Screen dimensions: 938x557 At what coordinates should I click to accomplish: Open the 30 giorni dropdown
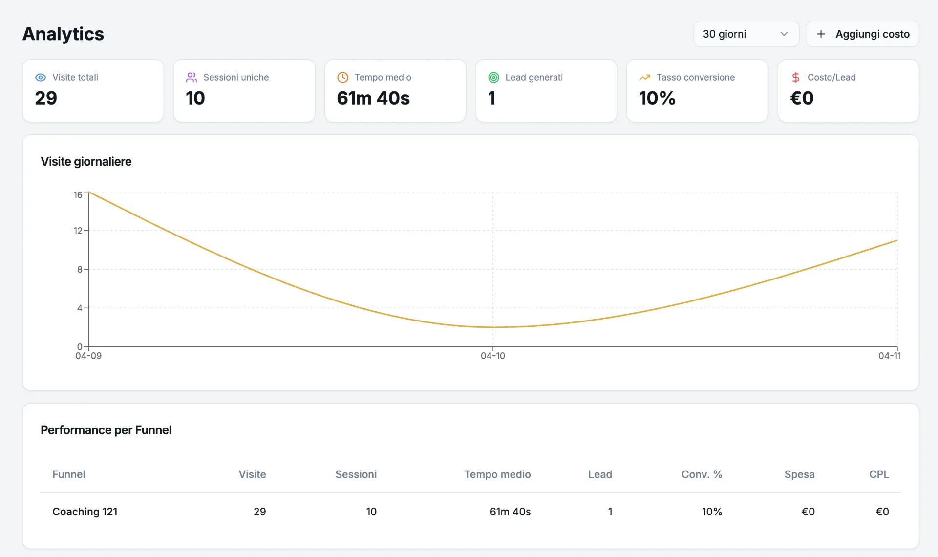click(x=746, y=34)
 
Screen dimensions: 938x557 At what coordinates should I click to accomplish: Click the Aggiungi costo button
click(x=862, y=34)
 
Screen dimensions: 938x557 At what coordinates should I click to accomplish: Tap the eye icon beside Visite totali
click(x=41, y=77)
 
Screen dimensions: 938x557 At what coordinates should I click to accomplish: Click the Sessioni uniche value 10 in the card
click(x=195, y=98)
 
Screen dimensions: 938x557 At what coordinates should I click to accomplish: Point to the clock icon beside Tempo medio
click(x=343, y=77)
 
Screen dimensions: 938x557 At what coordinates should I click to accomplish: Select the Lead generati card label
click(x=534, y=77)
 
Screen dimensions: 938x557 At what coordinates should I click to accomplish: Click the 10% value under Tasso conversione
click(x=657, y=98)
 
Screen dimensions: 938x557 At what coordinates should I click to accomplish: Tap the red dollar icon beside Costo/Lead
click(x=796, y=77)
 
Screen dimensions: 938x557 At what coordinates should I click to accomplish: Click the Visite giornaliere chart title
click(x=86, y=162)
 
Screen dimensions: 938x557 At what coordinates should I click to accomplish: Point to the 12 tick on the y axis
click(x=78, y=231)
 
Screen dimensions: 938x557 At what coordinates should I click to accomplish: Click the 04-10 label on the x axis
click(x=493, y=356)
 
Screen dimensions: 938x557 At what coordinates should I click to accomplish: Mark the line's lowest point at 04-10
click(x=493, y=327)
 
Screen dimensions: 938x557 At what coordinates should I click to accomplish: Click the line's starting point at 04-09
click(x=89, y=192)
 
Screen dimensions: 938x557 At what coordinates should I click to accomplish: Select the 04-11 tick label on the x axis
click(x=890, y=356)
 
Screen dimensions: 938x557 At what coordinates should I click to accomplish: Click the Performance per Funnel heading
click(x=106, y=430)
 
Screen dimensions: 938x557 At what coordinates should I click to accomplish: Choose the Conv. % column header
click(x=702, y=474)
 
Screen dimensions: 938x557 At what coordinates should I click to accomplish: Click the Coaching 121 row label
click(x=85, y=512)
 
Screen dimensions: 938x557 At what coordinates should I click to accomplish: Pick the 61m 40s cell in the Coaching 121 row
click(x=510, y=512)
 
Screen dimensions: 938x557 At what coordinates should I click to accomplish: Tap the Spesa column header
click(x=799, y=474)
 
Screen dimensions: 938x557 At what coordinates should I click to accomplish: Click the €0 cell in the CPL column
click(x=882, y=512)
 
